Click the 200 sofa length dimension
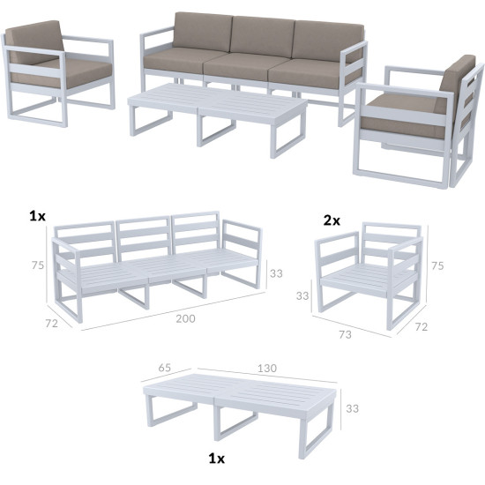coord(185,318)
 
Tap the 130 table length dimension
coord(267,368)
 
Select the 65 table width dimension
coord(165,368)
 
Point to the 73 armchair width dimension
coord(345,334)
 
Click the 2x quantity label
coord(332,220)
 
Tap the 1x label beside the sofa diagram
coord(37,216)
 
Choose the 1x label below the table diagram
coord(217,458)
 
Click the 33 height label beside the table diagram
coord(353,408)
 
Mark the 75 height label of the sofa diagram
coord(38,265)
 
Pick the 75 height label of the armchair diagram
coord(437,265)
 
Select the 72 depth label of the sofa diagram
coord(52,323)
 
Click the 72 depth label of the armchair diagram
coord(421,326)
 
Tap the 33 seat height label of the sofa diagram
coord(276,273)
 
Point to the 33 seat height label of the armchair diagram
coord(302,295)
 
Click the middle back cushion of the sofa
coord(262,36)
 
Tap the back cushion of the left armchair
coord(34,42)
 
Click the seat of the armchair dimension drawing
coord(368,278)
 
